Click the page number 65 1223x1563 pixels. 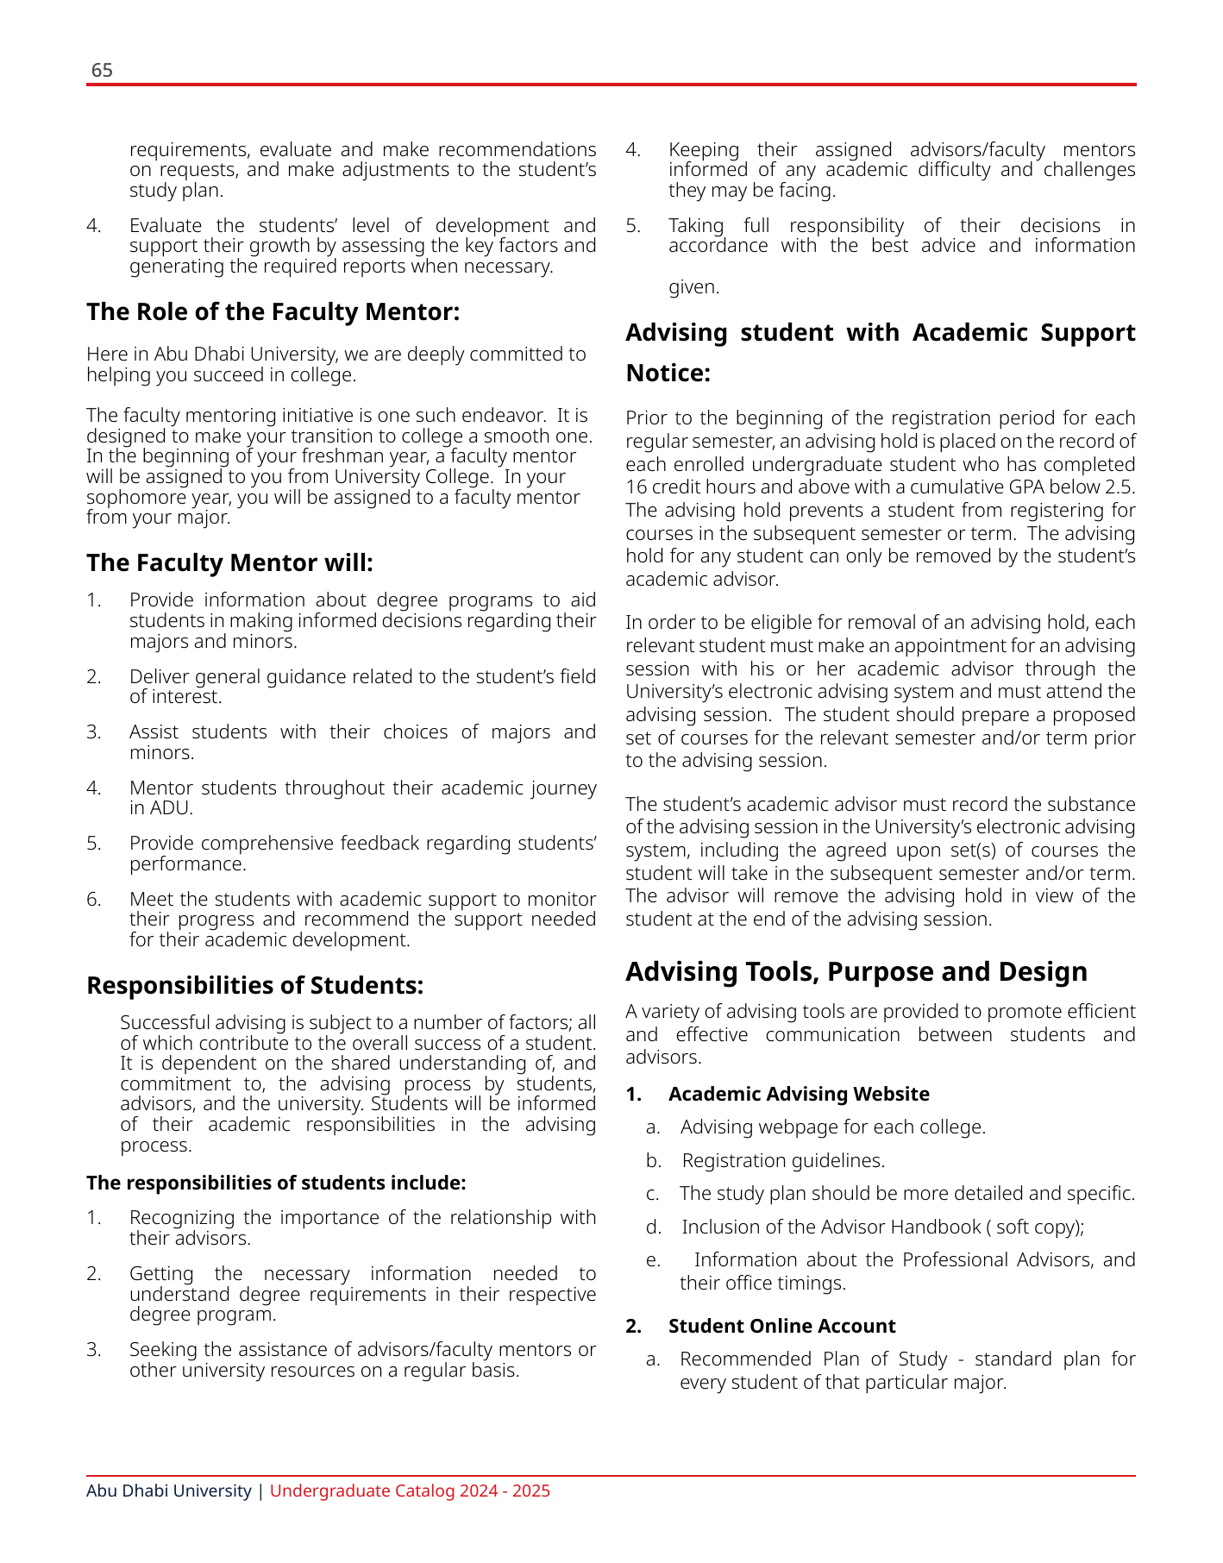[102, 71]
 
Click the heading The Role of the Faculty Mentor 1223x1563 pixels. [273, 311]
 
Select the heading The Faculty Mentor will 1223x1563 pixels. [229, 563]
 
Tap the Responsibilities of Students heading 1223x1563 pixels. [254, 985]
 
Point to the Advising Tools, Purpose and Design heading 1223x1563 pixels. [856, 972]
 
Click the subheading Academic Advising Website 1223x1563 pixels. [799, 1095]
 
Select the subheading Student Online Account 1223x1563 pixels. [781, 1327]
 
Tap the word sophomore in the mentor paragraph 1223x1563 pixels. [129, 498]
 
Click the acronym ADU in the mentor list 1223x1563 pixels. [171, 809]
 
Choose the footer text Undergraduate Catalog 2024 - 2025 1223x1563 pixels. [410, 1491]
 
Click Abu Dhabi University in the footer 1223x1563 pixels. [168, 1491]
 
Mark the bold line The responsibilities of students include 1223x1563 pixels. [276, 1183]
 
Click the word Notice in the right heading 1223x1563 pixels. [667, 373]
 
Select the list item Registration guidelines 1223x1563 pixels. [783, 1161]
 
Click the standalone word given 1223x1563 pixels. [693, 287]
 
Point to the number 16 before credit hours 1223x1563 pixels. [636, 487]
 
